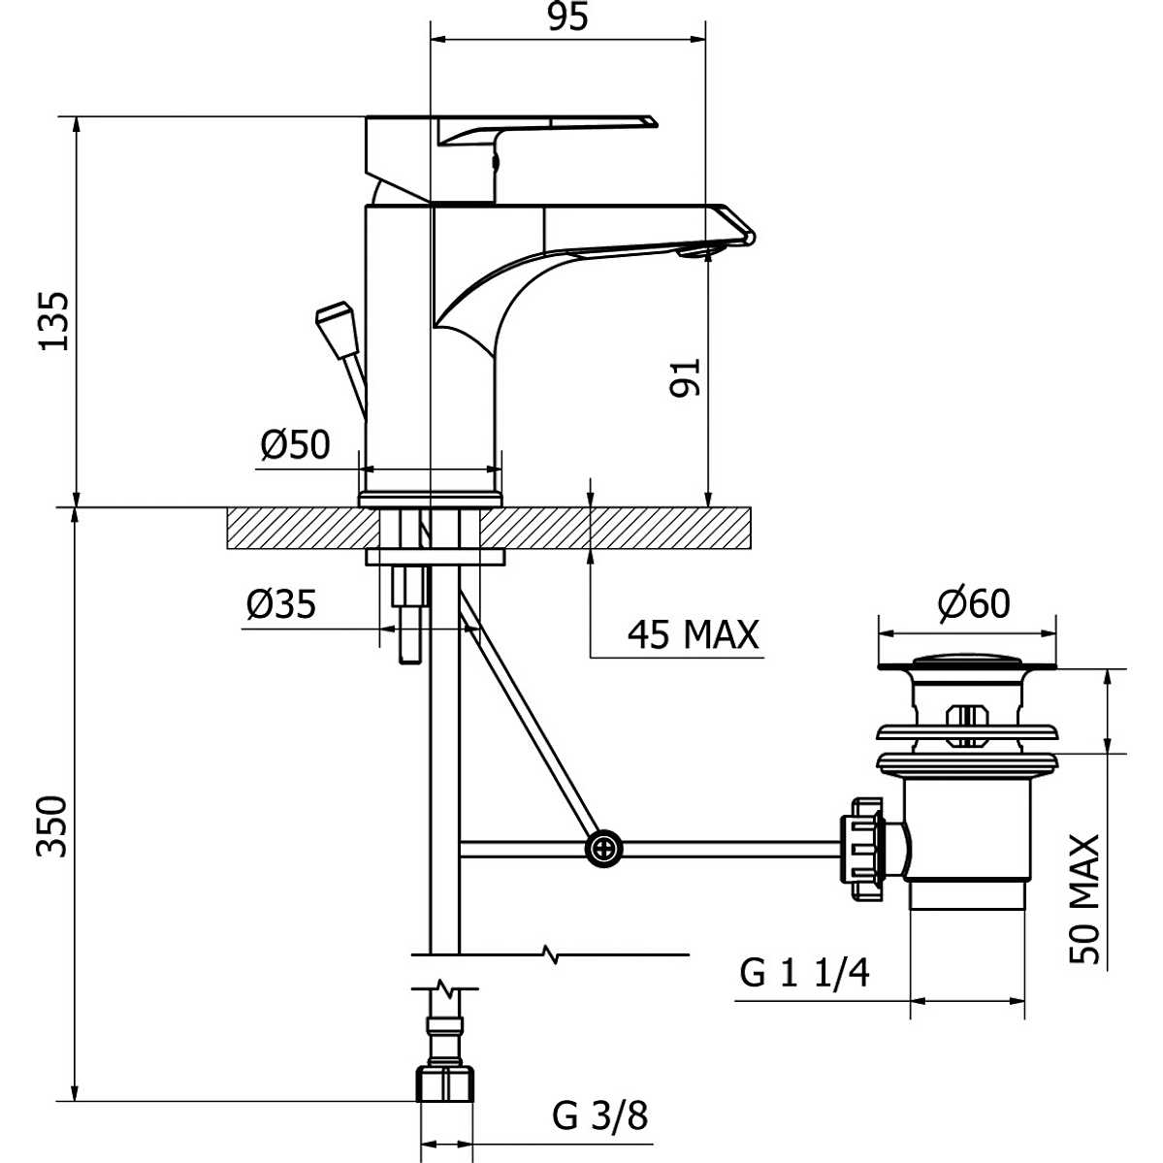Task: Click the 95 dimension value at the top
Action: coord(567,17)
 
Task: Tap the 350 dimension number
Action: coord(54,825)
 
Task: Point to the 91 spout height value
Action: coord(687,376)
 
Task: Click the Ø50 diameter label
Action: coord(295,445)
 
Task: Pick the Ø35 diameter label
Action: coord(281,604)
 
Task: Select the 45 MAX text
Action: coord(693,634)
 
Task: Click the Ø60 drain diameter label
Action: coord(973,603)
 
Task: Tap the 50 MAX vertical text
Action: coord(1086,898)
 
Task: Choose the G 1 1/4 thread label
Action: coord(804,972)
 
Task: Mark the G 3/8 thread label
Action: coord(600,1115)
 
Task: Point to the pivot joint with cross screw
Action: coord(604,850)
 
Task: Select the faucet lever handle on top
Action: coord(543,126)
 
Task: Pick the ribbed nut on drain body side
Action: coord(862,850)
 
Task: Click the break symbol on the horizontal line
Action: coord(551,956)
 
